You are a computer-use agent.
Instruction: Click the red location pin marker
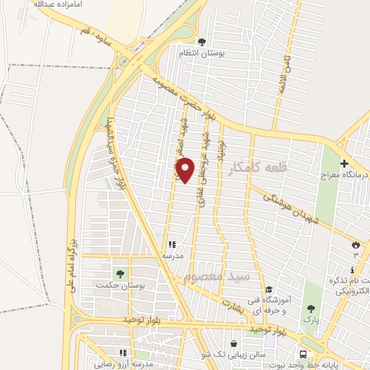[x=186, y=170]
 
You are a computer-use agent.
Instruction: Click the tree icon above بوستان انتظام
[x=202, y=42]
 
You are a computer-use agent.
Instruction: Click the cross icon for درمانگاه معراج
[x=345, y=164]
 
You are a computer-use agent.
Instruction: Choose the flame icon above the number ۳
[x=356, y=244]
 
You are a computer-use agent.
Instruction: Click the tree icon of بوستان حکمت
[x=119, y=274]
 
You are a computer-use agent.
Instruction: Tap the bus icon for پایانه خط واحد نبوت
[x=303, y=354]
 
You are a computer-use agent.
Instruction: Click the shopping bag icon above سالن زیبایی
[x=233, y=344]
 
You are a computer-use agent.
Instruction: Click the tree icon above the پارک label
[x=311, y=309]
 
